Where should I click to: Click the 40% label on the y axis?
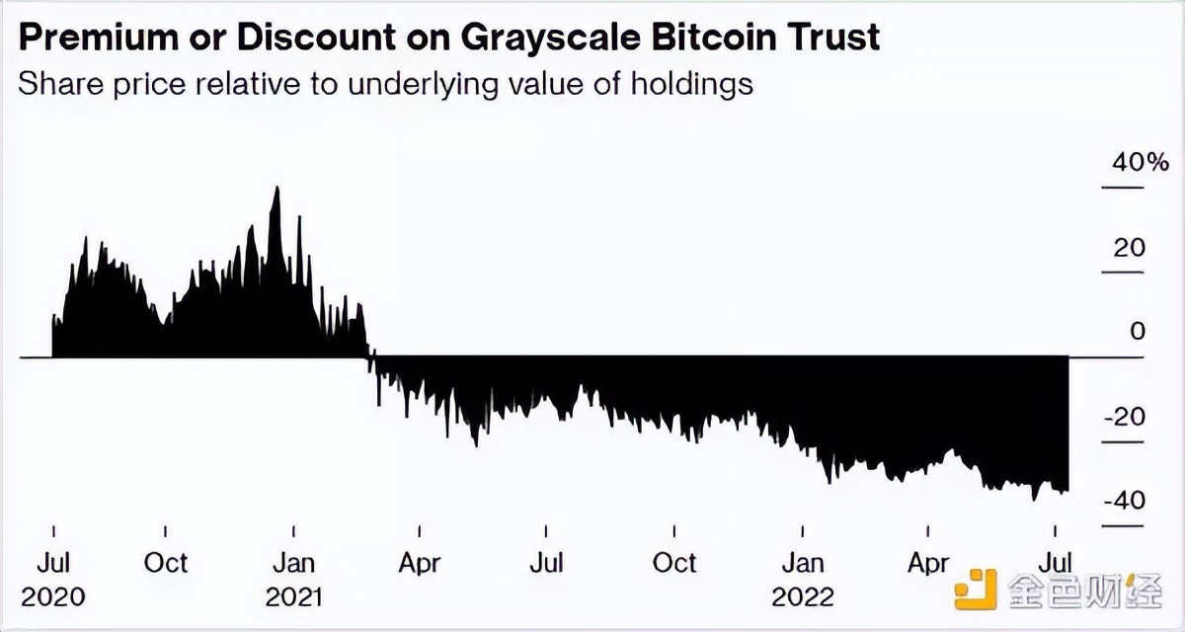[x=1122, y=162]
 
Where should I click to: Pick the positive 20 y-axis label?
[x=1130, y=247]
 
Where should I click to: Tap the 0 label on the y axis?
[x=1138, y=331]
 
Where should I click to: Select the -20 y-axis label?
[x=1124, y=416]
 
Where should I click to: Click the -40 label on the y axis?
[x=1124, y=501]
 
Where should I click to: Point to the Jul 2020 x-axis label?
[x=53, y=563]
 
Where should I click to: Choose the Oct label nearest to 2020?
[x=165, y=563]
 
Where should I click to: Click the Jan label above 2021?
[x=293, y=563]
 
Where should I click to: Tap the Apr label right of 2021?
[x=420, y=563]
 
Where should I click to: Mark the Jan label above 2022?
[x=803, y=563]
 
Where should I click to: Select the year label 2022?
[x=803, y=596]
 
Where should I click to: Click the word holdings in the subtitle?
[x=694, y=83]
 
